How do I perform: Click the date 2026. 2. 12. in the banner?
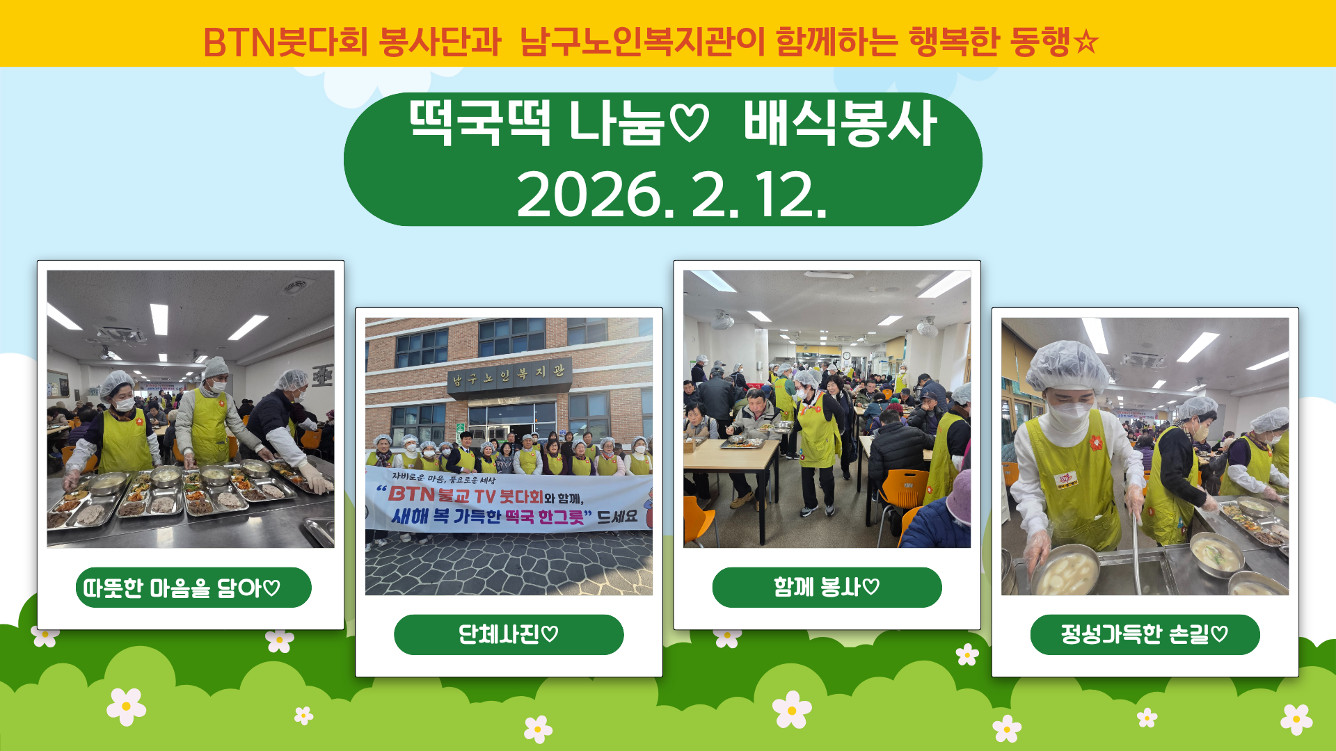(671, 194)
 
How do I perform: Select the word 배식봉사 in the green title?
(840, 123)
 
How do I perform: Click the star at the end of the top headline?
(1085, 42)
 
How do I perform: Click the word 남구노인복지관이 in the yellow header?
(642, 42)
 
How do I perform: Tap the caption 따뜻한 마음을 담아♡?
(182, 588)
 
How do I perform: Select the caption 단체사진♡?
(508, 634)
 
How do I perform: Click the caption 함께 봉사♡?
(827, 588)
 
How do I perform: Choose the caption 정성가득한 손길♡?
(1145, 634)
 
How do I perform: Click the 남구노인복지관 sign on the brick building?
(509, 375)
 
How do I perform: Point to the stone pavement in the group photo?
(509, 565)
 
